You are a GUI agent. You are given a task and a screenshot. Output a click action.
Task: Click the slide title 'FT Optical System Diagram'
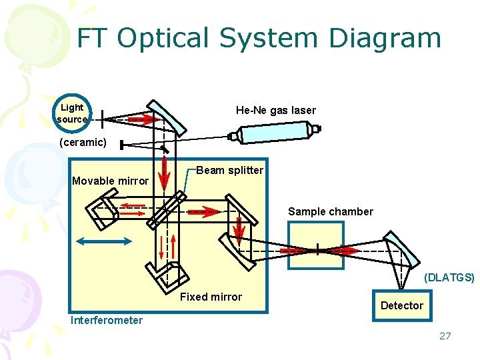tap(259, 38)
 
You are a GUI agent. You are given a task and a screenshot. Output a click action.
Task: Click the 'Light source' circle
tap(72, 113)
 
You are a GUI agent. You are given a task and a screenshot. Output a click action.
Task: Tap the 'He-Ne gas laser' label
tap(275, 110)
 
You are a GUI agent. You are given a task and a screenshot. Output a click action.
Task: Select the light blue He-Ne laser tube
tap(274, 134)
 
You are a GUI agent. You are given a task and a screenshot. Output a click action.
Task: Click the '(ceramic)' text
tap(83, 143)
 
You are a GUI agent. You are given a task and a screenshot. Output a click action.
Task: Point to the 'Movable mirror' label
tap(110, 181)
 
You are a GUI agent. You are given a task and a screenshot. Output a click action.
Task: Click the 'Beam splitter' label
tap(229, 170)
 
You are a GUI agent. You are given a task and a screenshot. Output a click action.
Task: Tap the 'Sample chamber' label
tap(330, 211)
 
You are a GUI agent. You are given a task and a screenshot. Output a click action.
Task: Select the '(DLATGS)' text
tap(449, 277)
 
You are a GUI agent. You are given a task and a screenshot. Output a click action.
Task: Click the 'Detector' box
tap(401, 305)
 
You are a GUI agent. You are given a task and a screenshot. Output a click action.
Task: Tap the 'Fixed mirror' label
tap(211, 297)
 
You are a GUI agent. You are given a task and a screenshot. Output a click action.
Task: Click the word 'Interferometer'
tap(107, 320)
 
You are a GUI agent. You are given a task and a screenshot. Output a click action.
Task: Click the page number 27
tap(445, 335)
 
